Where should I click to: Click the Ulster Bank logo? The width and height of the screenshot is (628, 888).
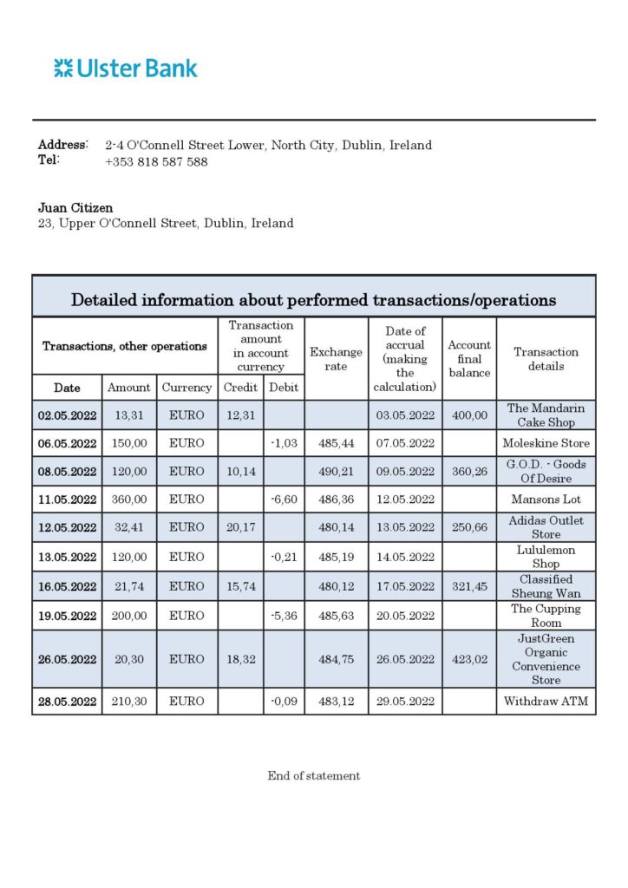click(126, 69)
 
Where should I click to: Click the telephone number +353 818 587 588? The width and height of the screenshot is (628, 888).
click(156, 161)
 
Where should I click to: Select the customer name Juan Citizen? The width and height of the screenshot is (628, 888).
click(75, 208)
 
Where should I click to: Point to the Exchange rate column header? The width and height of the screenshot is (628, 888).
click(336, 359)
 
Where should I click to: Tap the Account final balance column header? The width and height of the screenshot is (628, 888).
click(469, 359)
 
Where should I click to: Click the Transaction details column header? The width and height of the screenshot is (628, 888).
click(546, 359)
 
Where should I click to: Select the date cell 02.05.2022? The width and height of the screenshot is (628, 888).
click(67, 415)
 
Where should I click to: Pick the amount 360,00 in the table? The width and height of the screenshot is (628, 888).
click(129, 499)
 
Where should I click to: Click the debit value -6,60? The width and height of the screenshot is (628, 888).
click(285, 499)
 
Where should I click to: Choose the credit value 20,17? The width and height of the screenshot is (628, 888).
click(240, 527)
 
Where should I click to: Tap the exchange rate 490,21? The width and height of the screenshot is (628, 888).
click(336, 472)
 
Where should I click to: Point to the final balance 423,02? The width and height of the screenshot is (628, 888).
click(469, 659)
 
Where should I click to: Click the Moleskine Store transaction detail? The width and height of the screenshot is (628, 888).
click(546, 443)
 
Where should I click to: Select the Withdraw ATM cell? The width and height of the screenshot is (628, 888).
click(546, 701)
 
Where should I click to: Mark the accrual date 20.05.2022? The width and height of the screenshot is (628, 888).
click(405, 616)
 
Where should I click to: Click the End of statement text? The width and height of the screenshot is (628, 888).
click(313, 776)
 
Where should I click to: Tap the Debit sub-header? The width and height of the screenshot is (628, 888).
click(285, 388)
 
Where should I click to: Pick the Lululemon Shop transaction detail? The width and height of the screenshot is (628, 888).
click(546, 557)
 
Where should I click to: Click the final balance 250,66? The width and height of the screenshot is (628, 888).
click(469, 527)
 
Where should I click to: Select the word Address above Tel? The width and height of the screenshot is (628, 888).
click(62, 145)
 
